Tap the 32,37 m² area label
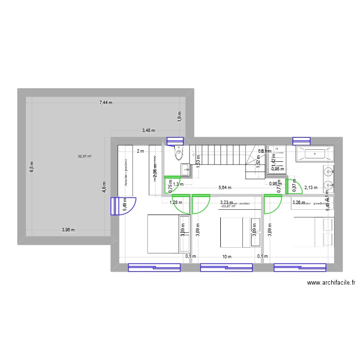point(85,156)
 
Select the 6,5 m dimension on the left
point(32,166)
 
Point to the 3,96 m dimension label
point(69,230)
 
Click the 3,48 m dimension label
point(148,130)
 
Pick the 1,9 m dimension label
point(179,117)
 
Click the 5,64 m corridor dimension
point(225,188)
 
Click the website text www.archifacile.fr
point(331,283)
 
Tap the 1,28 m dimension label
point(176,203)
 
